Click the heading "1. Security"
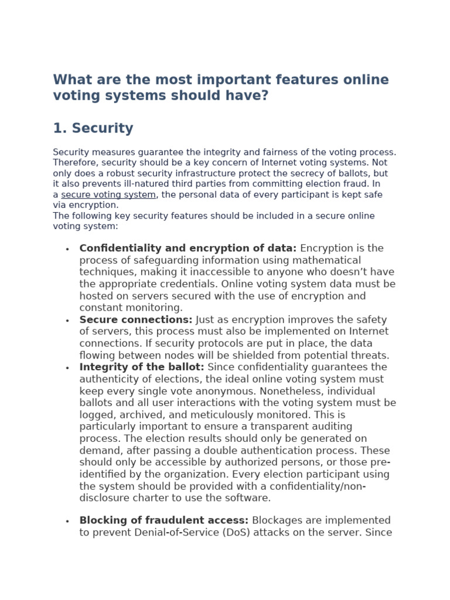[93, 128]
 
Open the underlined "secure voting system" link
[108, 195]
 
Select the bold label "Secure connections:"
[136, 320]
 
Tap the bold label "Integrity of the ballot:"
[142, 367]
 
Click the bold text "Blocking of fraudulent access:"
[164, 520]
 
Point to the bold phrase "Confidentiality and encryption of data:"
[188, 248]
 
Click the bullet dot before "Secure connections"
[67, 321]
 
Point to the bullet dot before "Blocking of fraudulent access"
[67, 521]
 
